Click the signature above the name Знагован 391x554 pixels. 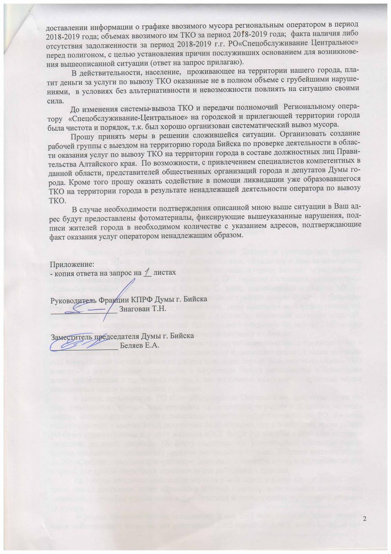86,304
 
